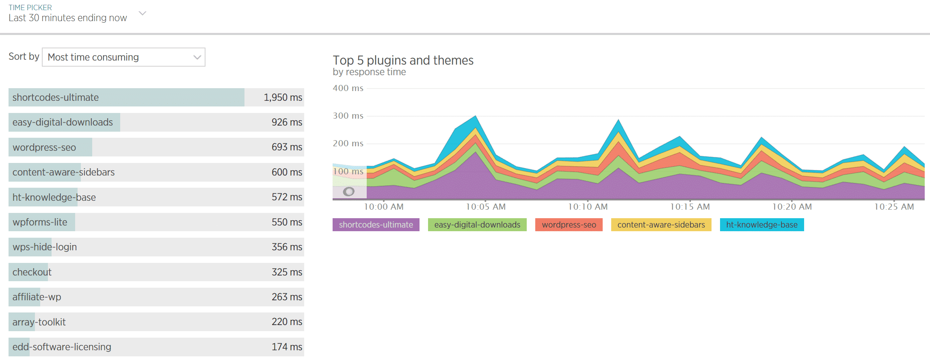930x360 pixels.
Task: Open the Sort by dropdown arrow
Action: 197,57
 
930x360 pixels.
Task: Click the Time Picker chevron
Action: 142,13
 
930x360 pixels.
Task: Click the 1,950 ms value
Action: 283,98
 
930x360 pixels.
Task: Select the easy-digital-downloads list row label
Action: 63,122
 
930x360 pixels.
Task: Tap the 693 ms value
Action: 287,147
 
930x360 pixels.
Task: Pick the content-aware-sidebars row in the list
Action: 63,172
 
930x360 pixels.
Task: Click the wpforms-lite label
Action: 40,222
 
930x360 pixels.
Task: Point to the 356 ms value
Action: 287,247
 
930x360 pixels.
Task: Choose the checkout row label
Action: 32,272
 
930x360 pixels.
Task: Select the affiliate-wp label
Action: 37,297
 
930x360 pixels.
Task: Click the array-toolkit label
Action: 39,322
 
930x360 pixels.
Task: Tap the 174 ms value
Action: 287,347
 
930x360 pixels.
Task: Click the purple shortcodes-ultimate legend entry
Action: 376,225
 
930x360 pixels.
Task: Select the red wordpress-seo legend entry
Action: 569,225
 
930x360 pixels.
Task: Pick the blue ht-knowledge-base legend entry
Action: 761,225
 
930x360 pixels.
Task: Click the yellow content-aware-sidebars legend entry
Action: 661,225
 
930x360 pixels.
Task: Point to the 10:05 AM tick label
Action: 486,207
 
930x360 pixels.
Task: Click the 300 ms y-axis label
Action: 348,116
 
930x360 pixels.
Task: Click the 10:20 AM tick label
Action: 792,207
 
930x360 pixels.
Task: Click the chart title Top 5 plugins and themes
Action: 403,60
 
